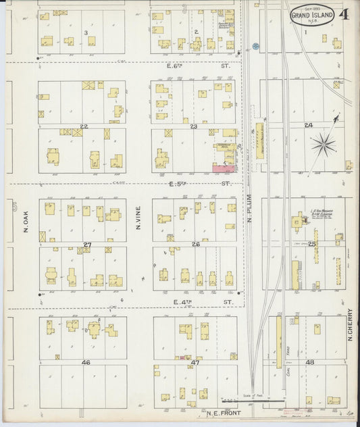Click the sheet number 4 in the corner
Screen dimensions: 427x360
[x=345, y=14]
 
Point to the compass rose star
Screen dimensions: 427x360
[x=324, y=143]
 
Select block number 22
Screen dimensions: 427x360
[x=84, y=126]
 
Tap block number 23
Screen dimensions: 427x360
[x=193, y=126]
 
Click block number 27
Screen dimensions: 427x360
[x=86, y=244]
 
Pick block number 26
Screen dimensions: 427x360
[x=195, y=244]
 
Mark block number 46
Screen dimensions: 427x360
[x=86, y=363]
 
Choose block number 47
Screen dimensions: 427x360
[x=196, y=363]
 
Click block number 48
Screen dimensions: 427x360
[x=310, y=363]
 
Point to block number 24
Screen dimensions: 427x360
[x=309, y=126]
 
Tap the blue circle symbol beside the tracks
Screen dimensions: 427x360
[x=255, y=47]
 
